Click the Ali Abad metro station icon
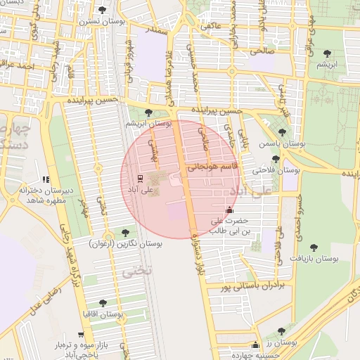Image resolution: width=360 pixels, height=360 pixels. [139, 178]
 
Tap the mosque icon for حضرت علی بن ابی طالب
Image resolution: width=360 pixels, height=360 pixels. [229, 210]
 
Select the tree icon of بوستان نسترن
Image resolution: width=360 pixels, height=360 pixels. [103, 10]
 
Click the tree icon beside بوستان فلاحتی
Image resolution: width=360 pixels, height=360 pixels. [276, 159]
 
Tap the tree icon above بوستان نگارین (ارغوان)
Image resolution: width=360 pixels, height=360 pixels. [126, 233]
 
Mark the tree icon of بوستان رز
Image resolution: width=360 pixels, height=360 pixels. [281, 331]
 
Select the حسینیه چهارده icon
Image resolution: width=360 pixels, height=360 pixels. [255, 345]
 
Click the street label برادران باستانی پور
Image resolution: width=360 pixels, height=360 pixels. [250, 286]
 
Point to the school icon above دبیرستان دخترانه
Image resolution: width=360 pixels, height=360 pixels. [46, 179]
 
